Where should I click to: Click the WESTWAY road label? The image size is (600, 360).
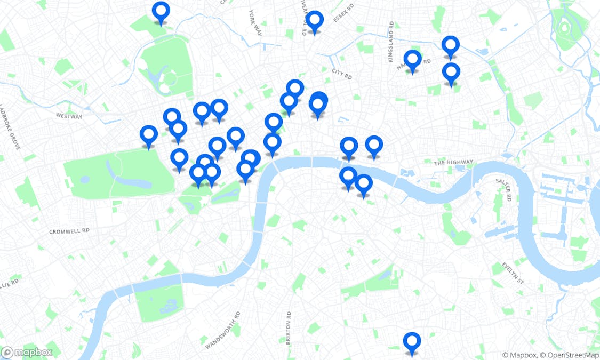click(69, 116)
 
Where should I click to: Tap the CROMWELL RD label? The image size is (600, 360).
click(69, 231)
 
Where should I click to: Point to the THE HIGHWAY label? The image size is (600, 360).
click(453, 162)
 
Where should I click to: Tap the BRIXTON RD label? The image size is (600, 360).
click(289, 328)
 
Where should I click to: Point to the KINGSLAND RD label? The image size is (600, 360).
click(391, 42)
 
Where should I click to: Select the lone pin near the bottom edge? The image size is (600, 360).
click(412, 341)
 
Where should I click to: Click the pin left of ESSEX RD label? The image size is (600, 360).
click(315, 21)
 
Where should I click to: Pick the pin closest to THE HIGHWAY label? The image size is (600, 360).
click(374, 145)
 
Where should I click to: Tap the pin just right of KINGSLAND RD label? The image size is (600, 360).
click(412, 60)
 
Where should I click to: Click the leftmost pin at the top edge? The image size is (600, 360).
click(161, 11)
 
